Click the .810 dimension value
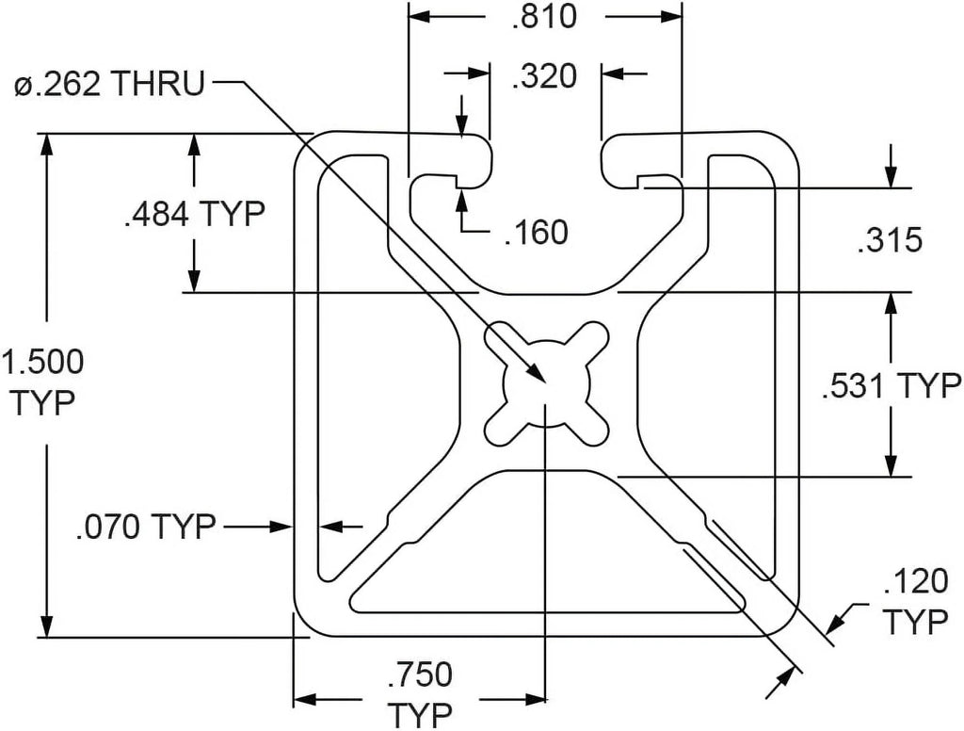tap(544, 17)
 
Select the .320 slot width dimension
tap(544, 76)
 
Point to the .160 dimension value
tap(536, 233)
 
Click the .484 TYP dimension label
tap(194, 214)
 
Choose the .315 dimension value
tap(890, 240)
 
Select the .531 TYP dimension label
tap(892, 386)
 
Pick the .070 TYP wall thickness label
tap(146, 527)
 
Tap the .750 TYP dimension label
tap(421, 694)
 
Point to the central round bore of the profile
tap(547, 382)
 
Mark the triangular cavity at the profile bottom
tap(547, 554)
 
